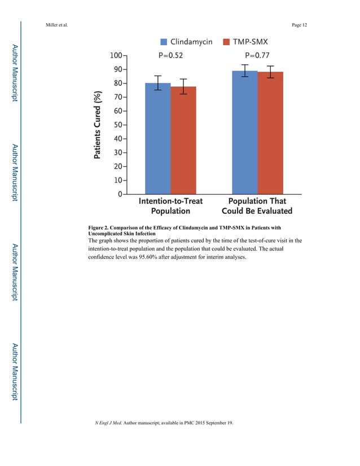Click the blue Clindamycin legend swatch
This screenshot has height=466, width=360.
pos(164,42)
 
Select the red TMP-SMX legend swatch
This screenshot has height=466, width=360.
pos(227,42)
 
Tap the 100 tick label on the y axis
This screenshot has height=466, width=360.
pos(116,56)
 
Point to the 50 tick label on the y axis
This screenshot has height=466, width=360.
pos(118,125)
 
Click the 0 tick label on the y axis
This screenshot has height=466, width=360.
pos(120,194)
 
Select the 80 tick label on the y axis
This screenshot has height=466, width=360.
pos(118,83)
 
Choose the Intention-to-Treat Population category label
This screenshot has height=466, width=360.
pos(170,206)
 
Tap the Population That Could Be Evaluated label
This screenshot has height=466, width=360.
pos(257,206)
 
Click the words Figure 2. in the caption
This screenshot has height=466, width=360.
pos(102,228)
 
